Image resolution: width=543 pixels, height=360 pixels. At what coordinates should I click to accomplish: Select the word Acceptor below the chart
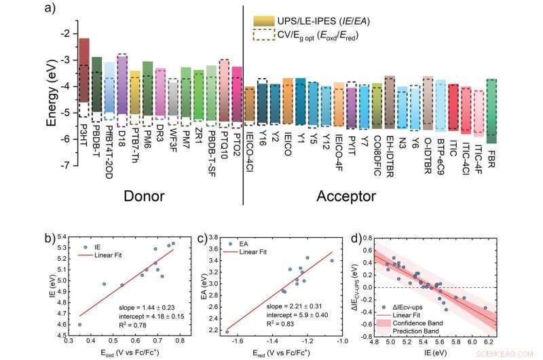coord(345,196)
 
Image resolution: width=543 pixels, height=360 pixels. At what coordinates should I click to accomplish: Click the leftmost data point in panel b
coord(79,325)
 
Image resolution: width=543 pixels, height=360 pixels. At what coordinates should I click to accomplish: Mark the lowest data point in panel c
coord(227,331)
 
